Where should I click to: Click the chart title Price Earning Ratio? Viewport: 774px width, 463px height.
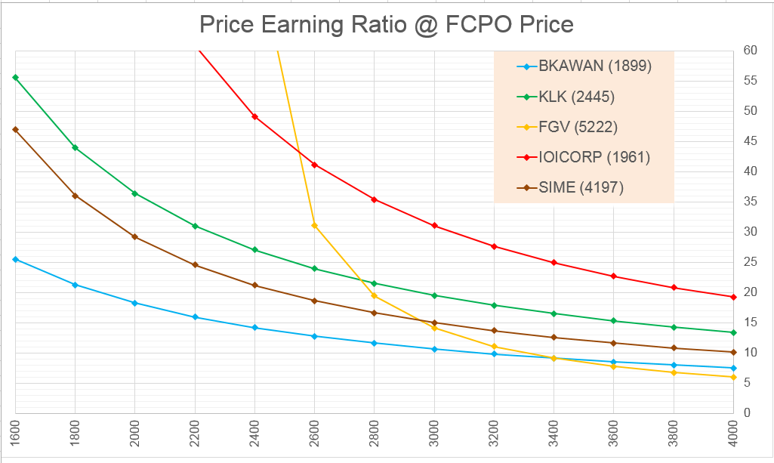pos(386,25)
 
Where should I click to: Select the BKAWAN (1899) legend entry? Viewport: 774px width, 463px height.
pos(595,66)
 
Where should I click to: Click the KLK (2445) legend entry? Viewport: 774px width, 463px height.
pos(577,96)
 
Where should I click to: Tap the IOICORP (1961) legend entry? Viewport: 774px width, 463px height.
pos(594,157)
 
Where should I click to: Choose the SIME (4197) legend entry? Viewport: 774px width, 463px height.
pos(581,188)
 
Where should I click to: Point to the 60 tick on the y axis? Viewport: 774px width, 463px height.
pos(750,51)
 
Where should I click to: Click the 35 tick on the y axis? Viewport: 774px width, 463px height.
pos(750,202)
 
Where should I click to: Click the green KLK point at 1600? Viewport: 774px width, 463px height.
pos(15,77)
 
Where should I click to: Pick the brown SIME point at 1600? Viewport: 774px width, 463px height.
pos(15,129)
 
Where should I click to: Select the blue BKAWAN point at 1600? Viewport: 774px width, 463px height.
pos(15,259)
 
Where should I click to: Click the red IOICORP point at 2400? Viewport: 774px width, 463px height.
pos(254,116)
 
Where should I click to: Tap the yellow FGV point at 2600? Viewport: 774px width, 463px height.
pos(314,225)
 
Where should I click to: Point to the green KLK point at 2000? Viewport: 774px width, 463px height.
pos(134,193)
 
